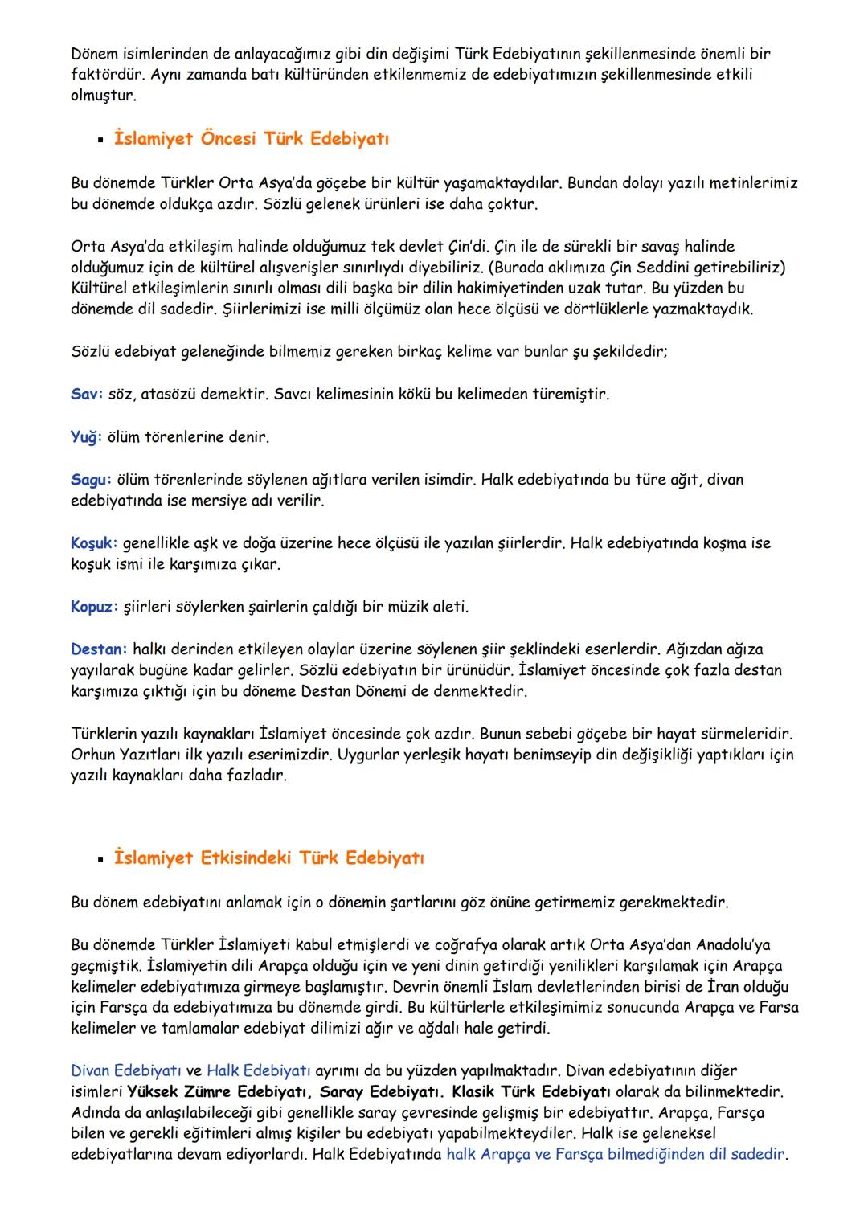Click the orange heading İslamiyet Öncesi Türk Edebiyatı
pos(251,139)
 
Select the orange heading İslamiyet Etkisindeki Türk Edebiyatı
pos(268,858)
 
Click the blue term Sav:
pos(87,395)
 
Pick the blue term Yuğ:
pos(87,437)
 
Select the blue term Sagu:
pos(91,480)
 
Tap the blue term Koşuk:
pos(94,543)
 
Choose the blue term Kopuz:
pos(94,607)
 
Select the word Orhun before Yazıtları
pos(92,755)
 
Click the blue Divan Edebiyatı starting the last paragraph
pos(126,1070)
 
